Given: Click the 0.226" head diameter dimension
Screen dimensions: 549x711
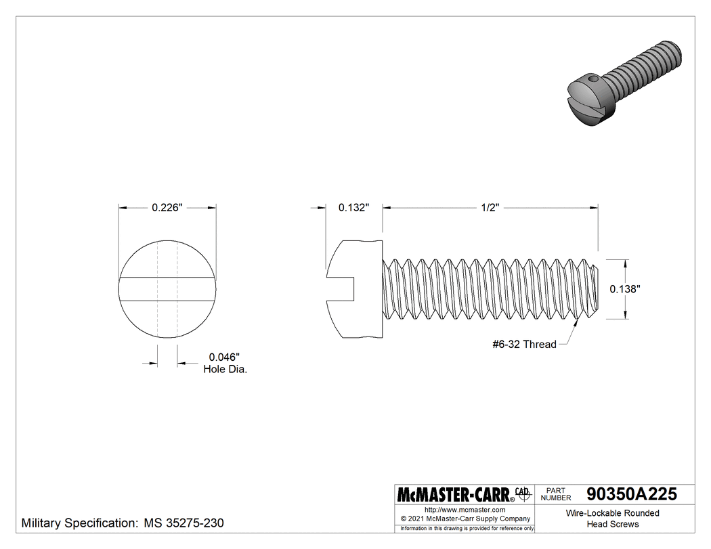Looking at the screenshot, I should click(167, 208).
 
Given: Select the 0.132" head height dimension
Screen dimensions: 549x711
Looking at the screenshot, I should click(353, 208).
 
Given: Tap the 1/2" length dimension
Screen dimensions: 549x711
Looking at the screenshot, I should click(491, 208).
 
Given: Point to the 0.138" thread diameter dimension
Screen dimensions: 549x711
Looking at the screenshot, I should click(625, 288).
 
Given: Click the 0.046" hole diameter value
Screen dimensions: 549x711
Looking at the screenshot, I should click(224, 357).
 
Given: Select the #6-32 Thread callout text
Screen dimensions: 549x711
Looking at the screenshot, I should click(524, 345).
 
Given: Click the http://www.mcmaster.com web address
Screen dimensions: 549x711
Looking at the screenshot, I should click(465, 510).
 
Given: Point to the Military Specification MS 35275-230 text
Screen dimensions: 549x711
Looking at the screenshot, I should click(123, 523).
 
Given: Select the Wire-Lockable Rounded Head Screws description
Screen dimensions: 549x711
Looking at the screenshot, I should click(612, 519).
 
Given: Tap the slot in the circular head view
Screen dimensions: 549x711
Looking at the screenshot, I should click(167, 288).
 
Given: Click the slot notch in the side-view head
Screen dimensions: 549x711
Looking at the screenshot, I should click(343, 288).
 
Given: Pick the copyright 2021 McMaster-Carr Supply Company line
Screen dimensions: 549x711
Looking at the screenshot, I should click(465, 519).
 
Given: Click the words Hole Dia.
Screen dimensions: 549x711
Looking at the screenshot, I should click(225, 370).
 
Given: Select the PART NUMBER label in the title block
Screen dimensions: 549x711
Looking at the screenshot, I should click(556, 493).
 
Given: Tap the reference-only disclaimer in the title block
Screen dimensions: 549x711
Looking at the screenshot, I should click(465, 528).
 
